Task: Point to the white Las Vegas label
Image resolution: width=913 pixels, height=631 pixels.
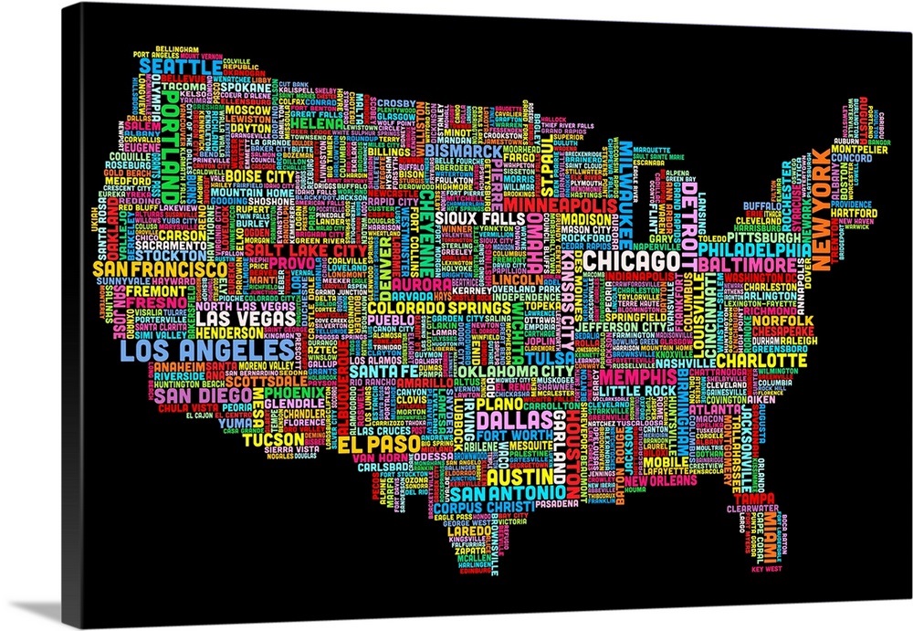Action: click(x=245, y=320)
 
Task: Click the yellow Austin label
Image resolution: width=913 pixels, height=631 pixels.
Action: click(x=517, y=477)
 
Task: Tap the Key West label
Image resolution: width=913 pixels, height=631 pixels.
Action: click(x=766, y=569)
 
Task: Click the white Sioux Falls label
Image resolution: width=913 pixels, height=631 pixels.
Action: click(x=472, y=219)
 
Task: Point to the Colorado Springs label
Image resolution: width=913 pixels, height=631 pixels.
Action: click(x=425, y=308)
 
